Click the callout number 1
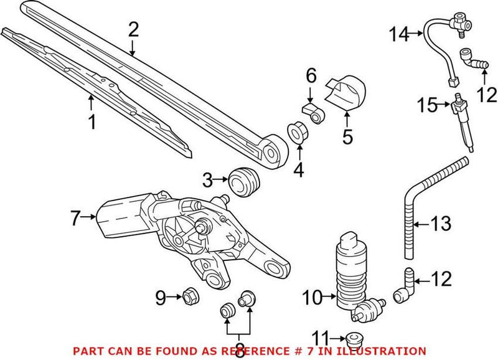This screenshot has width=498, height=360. [92, 122]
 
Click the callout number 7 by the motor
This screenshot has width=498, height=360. [75, 219]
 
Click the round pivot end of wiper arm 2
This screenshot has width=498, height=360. [273, 151]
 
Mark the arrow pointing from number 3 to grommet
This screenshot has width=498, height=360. [219, 181]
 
